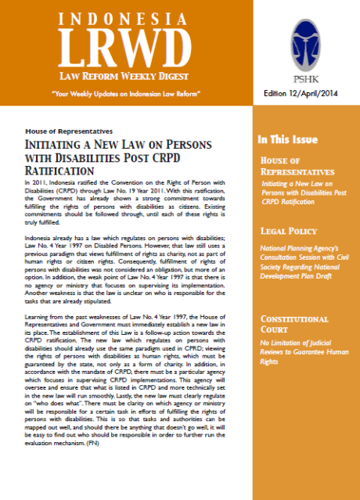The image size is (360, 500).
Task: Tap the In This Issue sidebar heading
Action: point(288,140)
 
